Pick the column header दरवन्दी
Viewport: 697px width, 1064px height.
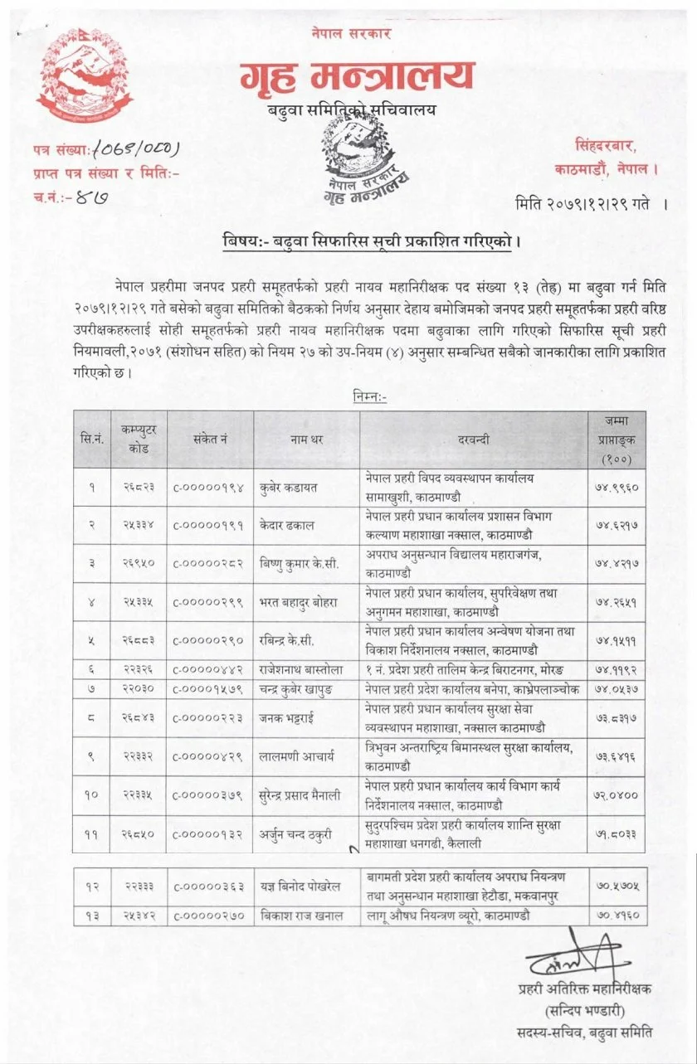coord(474,439)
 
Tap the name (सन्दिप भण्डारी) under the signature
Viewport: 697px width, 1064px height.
coord(584,1010)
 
